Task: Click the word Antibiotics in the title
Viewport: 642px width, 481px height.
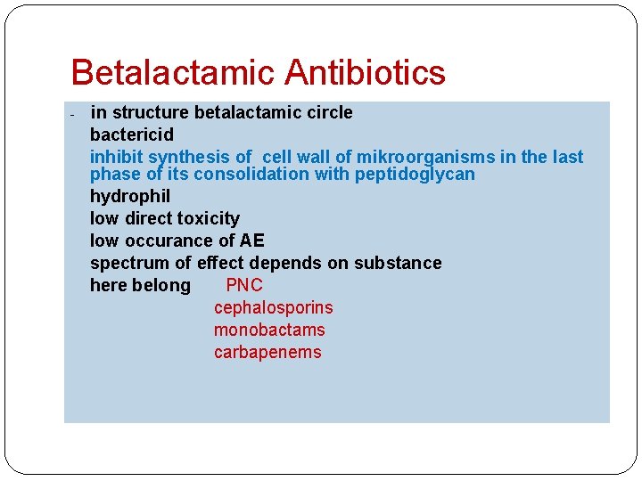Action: [x=366, y=72]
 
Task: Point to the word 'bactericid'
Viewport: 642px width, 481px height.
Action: [x=132, y=135]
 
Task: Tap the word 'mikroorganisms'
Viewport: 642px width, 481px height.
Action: [x=426, y=157]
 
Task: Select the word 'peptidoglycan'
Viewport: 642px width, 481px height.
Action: [x=415, y=174]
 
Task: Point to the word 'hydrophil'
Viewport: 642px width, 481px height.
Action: [x=130, y=196]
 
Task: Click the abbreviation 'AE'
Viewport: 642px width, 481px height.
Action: [x=252, y=240]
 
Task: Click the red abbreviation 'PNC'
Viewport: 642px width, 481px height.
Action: [x=244, y=285]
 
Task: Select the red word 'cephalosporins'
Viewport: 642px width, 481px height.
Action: [x=273, y=307]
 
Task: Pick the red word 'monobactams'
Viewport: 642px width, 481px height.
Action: [x=269, y=330]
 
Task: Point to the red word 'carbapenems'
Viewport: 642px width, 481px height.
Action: [x=267, y=352]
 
